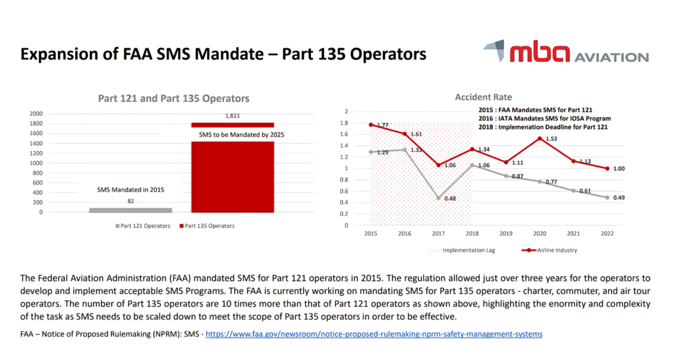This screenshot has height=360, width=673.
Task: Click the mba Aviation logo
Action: pyautogui.click(x=565, y=52)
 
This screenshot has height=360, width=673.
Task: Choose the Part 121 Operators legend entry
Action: pyautogui.click(x=144, y=226)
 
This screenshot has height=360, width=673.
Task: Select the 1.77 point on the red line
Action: pyautogui.click(x=370, y=125)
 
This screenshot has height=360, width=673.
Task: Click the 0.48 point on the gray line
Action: pyautogui.click(x=438, y=198)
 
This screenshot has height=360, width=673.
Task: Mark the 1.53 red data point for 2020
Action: pyautogui.click(x=540, y=139)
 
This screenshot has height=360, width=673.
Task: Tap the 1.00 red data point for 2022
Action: pyautogui.click(x=607, y=169)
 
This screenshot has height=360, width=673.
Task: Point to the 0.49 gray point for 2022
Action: pyautogui.click(x=607, y=197)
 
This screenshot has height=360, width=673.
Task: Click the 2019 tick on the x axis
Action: pyautogui.click(x=506, y=233)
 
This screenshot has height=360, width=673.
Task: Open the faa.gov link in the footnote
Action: pyautogui.click(x=374, y=335)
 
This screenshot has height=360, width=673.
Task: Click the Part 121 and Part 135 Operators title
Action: pyautogui.click(x=173, y=99)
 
